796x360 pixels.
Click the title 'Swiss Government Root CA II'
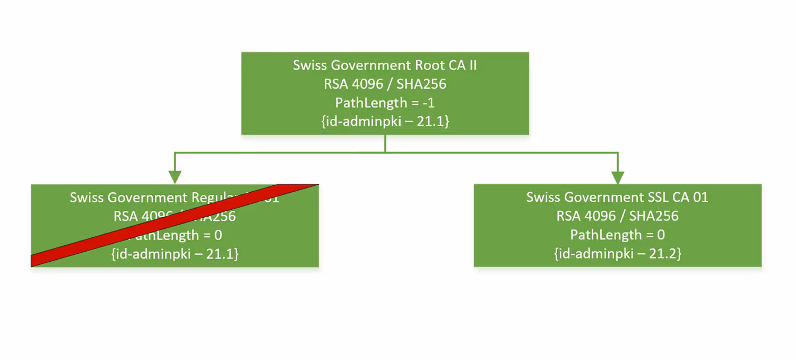(385, 65)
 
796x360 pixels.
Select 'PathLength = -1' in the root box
(385, 102)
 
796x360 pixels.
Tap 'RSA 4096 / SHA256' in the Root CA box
(385, 84)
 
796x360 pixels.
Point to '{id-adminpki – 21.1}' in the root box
(385, 121)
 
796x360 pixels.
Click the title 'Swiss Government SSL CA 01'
(617, 198)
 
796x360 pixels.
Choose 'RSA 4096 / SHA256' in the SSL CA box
(617, 216)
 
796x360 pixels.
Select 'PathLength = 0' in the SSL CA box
(617, 235)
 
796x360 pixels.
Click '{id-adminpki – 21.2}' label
(617, 253)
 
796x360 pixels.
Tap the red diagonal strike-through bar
(175, 225)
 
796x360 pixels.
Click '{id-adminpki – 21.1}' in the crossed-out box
(175, 254)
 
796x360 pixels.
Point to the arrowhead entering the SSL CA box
(618, 177)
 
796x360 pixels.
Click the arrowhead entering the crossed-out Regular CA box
(175, 177)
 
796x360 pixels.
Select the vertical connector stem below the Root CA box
(385, 143)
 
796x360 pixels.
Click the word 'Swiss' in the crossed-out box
(86, 198)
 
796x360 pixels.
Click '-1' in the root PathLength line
(428, 102)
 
